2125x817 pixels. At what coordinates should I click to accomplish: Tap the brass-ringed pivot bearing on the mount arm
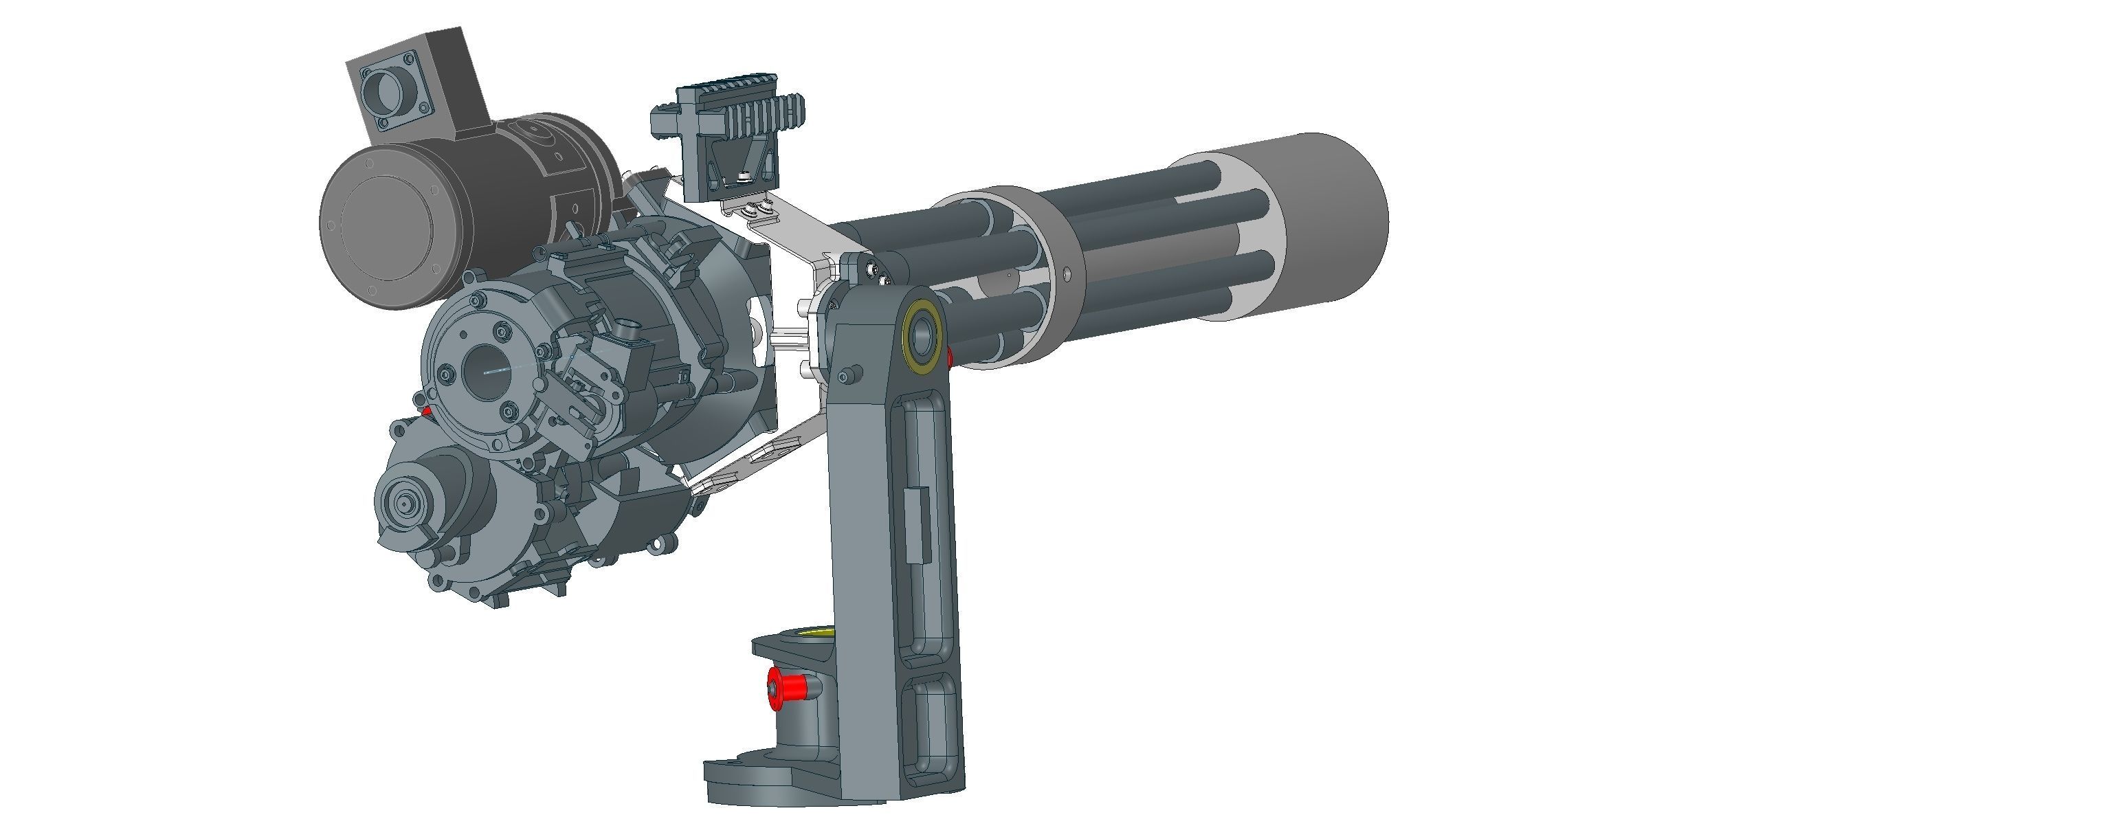click(922, 334)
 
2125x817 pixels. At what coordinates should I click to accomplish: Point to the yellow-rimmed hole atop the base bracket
click(804, 633)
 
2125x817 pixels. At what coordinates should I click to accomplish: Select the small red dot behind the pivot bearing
click(950, 357)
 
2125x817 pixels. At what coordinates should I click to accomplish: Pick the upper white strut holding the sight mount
click(804, 235)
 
